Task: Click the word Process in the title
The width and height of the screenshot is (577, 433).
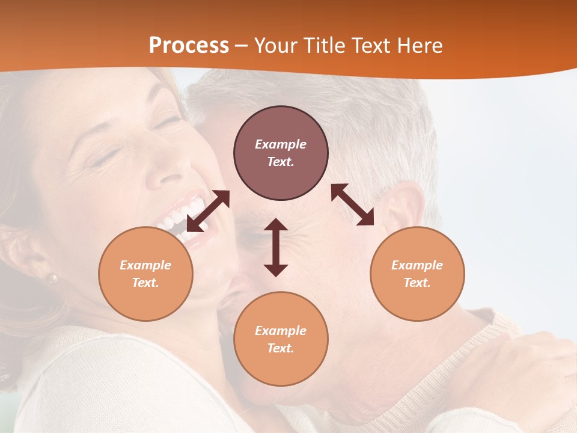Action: point(189,46)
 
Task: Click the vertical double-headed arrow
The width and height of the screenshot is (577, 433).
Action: point(276,247)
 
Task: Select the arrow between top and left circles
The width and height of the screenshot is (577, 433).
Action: point(209,210)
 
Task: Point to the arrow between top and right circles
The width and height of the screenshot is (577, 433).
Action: point(352,204)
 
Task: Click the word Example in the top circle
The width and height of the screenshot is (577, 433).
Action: point(281,144)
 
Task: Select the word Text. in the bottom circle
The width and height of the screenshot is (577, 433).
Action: point(281,348)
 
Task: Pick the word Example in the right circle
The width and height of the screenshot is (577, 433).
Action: point(417,265)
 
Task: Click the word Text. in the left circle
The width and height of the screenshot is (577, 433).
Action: point(145,283)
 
